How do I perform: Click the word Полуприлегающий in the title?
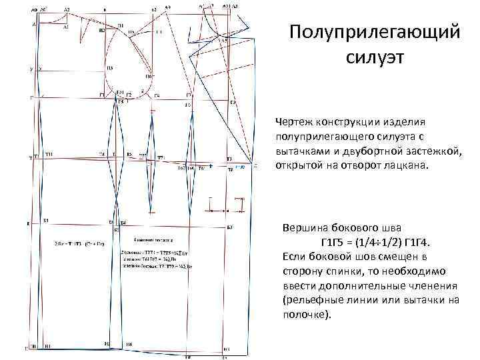tap(376, 32)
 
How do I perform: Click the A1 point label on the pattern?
tap(65, 29)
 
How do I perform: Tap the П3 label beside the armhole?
tap(110, 69)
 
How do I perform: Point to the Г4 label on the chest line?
tap(157, 95)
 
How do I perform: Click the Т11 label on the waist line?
tap(51, 155)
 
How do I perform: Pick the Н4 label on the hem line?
tap(129, 344)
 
